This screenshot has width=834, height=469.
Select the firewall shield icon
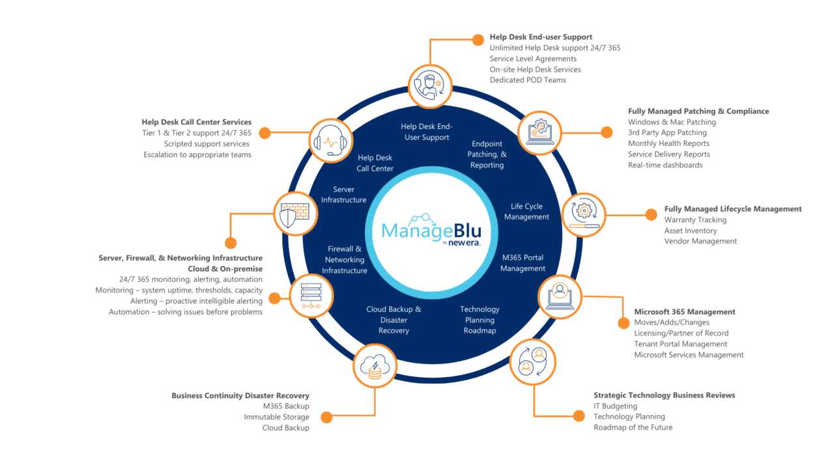[295, 214]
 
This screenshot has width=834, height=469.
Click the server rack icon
[311, 296]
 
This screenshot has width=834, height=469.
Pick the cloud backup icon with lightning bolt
[375, 366]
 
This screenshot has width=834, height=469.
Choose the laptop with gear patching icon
[539, 132]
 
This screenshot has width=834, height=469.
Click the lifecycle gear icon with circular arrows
[583, 214]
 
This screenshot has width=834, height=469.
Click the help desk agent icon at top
[430, 85]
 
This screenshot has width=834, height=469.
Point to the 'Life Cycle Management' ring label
[526, 212]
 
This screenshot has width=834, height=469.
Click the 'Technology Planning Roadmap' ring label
[480, 320]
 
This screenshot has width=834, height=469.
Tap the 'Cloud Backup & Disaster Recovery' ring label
[394, 320]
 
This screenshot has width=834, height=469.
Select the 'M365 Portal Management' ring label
[523, 263]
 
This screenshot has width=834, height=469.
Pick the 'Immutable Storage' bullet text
[276, 417]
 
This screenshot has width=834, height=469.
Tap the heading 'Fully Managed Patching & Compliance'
[698, 111]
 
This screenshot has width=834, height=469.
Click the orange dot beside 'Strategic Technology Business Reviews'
[578, 416]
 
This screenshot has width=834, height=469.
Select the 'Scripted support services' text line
[207, 143]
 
